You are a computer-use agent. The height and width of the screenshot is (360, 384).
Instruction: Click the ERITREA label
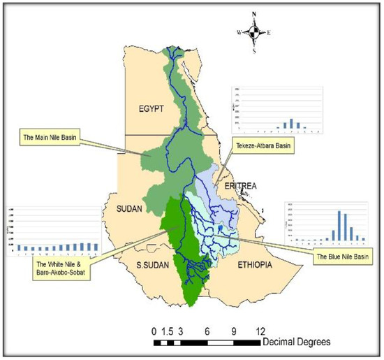[x=240, y=185]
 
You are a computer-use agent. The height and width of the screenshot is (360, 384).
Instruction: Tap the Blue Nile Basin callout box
[x=342, y=257]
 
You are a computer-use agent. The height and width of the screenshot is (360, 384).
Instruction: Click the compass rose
[x=256, y=32]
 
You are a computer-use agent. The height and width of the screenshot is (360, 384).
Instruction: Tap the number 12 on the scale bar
[x=260, y=330]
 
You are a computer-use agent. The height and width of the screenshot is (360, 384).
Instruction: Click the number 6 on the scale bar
[x=207, y=330]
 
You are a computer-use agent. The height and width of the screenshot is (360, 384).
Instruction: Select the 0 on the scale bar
[x=154, y=330]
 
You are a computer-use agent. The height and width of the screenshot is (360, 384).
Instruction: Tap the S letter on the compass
[x=256, y=51]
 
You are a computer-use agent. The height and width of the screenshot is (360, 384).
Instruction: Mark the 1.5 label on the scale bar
[x=168, y=330]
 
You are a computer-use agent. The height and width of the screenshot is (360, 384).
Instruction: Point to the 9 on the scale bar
[x=234, y=330]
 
